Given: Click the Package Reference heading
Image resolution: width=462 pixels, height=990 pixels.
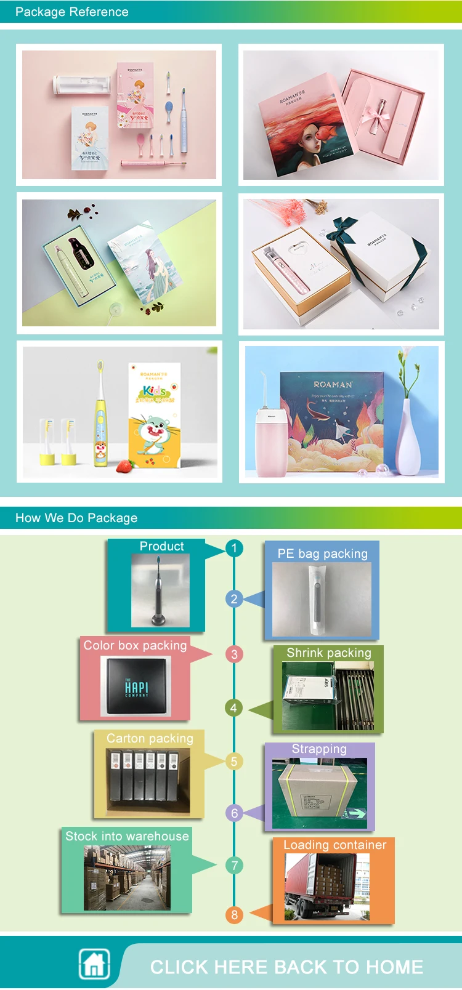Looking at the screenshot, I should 71,12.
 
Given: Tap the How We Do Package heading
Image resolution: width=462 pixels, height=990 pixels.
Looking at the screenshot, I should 76,518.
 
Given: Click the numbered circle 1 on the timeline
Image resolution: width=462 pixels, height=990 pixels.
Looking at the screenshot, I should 234,547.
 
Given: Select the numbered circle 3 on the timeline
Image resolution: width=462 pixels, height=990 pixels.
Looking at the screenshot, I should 234,654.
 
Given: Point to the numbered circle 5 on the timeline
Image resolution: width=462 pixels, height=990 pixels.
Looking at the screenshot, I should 234,761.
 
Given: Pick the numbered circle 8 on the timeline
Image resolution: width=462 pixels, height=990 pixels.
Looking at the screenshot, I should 234,914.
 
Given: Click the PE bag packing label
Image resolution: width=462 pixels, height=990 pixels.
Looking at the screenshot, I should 322,553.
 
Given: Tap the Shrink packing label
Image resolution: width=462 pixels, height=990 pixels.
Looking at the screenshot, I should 329,653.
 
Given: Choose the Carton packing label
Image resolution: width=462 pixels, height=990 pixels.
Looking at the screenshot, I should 150,738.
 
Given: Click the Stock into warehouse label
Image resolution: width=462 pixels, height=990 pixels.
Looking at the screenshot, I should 127,836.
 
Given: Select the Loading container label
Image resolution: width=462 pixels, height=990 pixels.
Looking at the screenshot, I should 334,845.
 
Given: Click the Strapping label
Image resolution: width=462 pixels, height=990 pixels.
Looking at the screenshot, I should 319,749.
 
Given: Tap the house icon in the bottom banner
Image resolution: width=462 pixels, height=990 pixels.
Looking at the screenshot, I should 94,964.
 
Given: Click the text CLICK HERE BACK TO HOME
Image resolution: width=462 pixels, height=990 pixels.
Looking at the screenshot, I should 286,967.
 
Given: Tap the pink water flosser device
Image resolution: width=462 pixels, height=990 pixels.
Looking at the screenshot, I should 271,440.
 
